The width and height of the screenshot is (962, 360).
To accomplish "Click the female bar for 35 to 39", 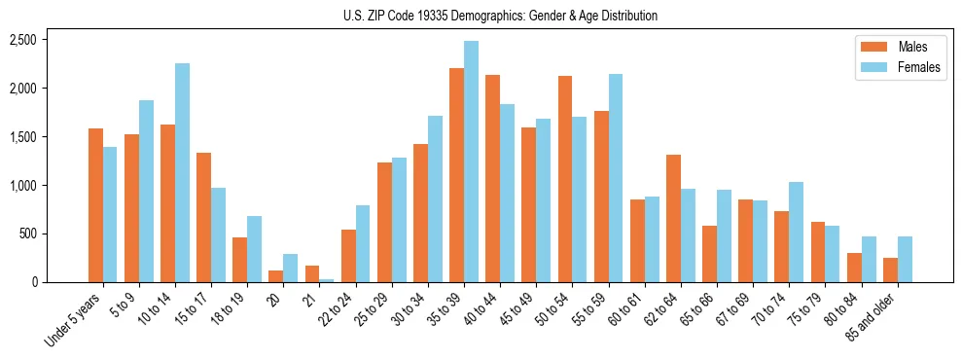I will point(471,162).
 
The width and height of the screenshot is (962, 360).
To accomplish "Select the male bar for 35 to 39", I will point(456,175).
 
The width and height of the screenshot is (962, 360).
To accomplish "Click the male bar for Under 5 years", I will point(95,205).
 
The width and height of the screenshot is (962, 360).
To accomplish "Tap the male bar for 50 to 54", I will point(565,179).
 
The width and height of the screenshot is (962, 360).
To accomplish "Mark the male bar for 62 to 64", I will point(673,218).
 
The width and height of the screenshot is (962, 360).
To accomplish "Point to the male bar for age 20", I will point(275,276).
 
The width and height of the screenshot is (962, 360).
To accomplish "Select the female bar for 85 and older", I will point(905,259).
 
